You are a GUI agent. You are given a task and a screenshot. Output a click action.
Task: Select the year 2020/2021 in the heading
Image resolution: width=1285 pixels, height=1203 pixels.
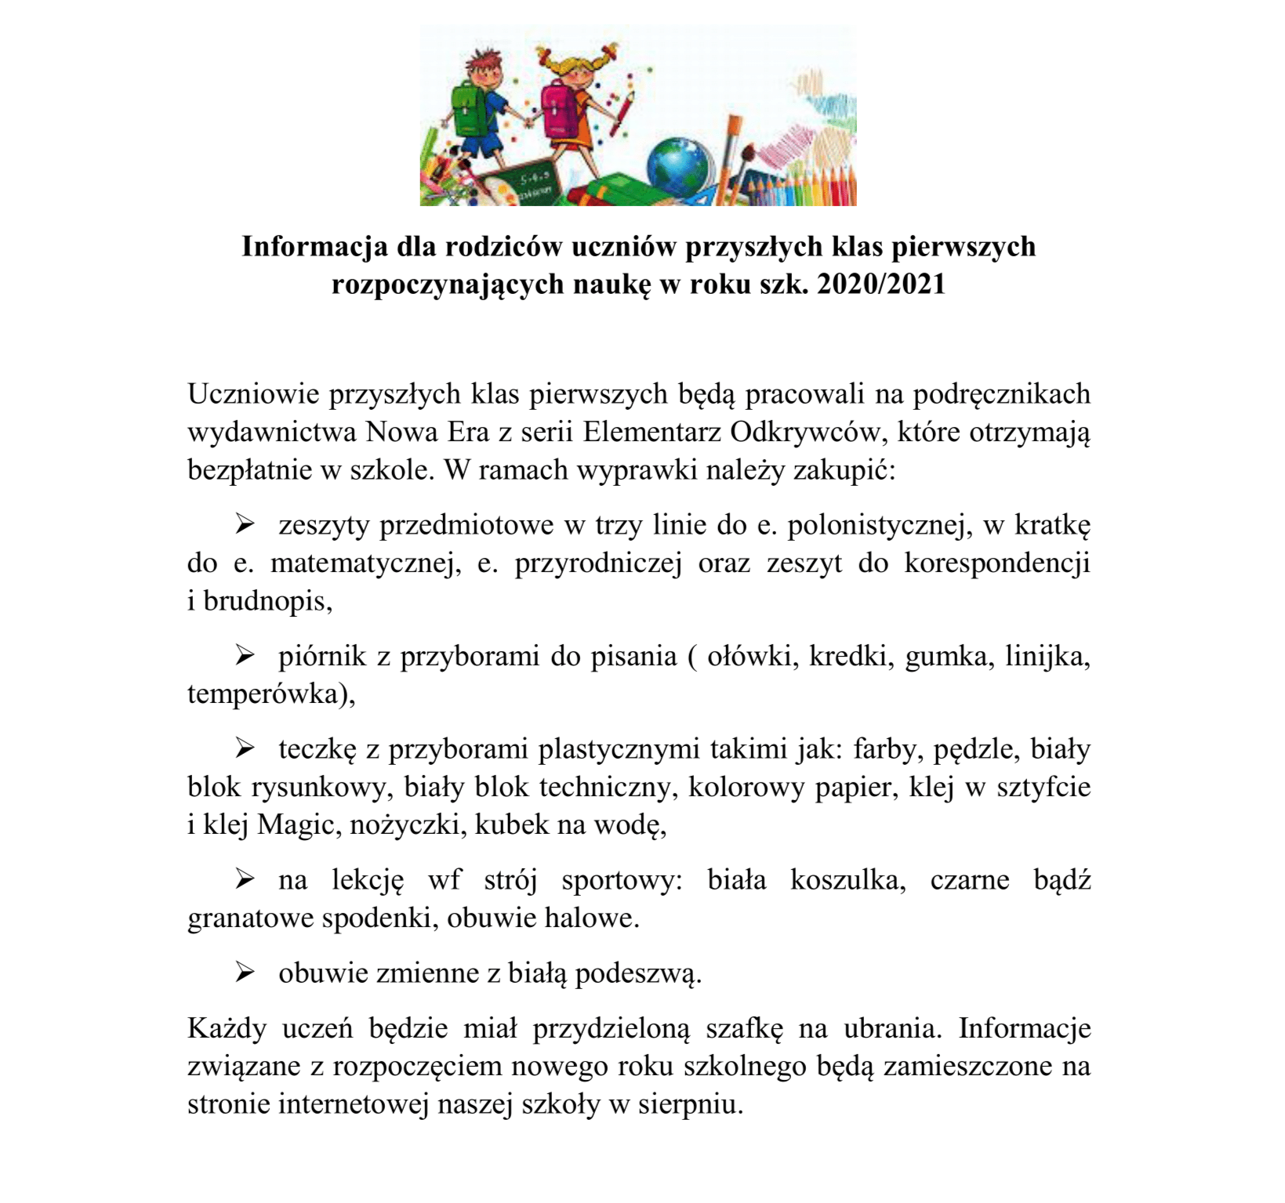881,284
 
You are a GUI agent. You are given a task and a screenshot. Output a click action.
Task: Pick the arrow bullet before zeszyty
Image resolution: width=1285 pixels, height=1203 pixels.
245,524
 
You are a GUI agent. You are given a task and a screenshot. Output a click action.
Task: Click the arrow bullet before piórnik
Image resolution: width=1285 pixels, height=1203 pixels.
245,655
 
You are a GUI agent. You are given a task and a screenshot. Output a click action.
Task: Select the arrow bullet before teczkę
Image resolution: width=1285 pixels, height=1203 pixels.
245,748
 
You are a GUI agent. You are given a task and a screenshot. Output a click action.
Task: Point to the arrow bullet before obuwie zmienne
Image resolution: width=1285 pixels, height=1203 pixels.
245,973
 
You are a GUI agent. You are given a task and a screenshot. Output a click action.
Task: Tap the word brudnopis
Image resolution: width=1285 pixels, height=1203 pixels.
267,601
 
